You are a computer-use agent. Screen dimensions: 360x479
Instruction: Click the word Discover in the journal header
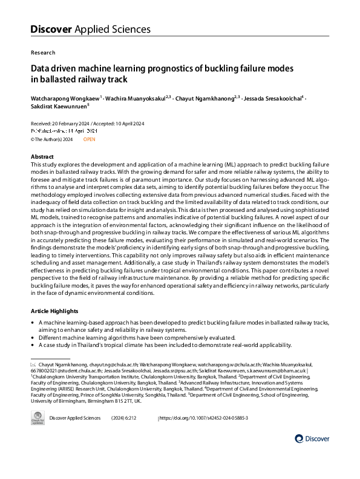[51, 29]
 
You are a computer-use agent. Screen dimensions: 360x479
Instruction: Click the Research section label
[43, 53]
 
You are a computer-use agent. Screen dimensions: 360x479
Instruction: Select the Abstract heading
[42, 157]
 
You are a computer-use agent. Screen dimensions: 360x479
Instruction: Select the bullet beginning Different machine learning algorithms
[140, 337]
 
